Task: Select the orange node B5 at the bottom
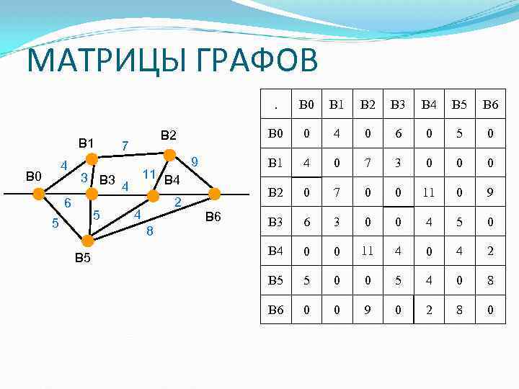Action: (86, 240)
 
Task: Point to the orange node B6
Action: (214, 193)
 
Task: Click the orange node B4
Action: (153, 194)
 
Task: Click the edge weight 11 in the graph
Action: (150, 174)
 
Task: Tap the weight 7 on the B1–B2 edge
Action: (125, 146)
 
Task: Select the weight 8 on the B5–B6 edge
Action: (149, 231)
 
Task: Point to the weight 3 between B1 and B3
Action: (84, 177)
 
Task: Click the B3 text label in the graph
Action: (107, 179)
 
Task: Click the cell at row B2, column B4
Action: (428, 192)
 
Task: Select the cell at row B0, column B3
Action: (397, 133)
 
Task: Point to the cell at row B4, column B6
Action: (489, 251)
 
